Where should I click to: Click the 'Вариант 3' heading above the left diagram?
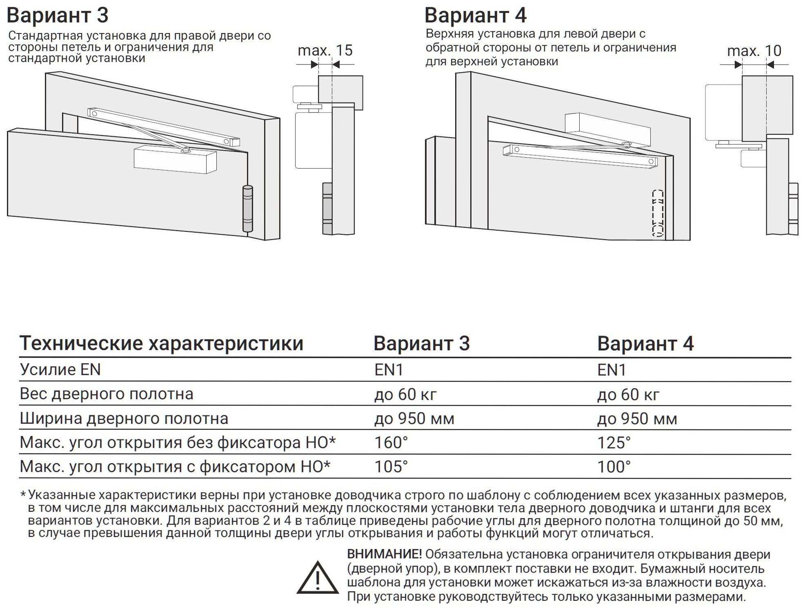pyautogui.click(x=58, y=16)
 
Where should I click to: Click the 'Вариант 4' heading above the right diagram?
pyautogui.click(x=476, y=16)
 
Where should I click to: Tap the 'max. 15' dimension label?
pyautogui.click(x=325, y=50)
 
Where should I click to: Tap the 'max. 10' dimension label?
pyautogui.click(x=754, y=51)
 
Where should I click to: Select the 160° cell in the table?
pyautogui.click(x=391, y=442)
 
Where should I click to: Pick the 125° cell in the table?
pyautogui.click(x=614, y=442)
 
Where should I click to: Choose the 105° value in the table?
pyautogui.click(x=391, y=467)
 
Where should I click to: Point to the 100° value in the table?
pyautogui.click(x=614, y=467)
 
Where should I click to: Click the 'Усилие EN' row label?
pyautogui.click(x=60, y=370)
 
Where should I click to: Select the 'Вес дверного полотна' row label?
pyautogui.click(x=107, y=394)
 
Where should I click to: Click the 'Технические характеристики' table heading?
pyautogui.click(x=162, y=344)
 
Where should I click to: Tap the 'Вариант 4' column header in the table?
pyautogui.click(x=645, y=344)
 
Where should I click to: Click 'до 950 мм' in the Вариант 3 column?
pyautogui.click(x=414, y=419)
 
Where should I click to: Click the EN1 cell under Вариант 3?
pyautogui.click(x=389, y=370)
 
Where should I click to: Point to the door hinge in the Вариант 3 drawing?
pyautogui.click(x=248, y=209)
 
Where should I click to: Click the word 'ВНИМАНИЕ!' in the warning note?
pyautogui.click(x=384, y=554)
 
